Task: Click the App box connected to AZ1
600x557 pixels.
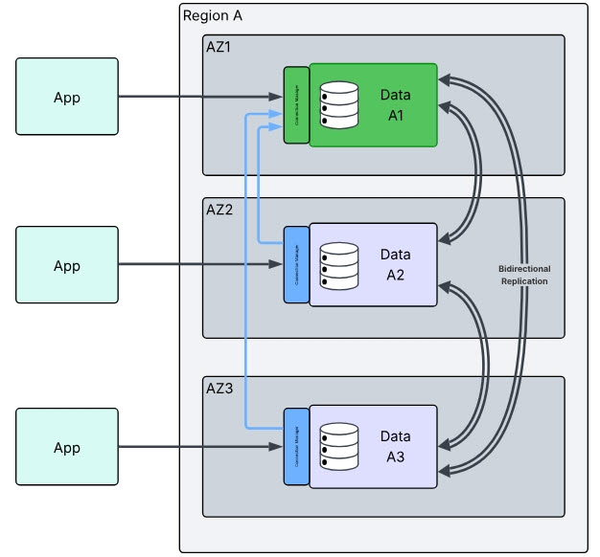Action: click(67, 97)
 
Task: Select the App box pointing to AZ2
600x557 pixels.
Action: click(67, 265)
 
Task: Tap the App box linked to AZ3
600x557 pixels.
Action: click(67, 447)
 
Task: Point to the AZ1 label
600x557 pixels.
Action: click(220, 47)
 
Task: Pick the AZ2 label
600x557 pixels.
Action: click(220, 210)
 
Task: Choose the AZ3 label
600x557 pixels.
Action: click(220, 388)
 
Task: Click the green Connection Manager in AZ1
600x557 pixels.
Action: click(295, 105)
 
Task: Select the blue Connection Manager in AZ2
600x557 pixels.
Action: click(295, 265)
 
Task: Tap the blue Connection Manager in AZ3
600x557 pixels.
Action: click(295, 446)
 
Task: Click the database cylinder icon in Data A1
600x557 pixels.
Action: click(338, 104)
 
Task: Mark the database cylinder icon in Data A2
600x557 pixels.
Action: click(338, 265)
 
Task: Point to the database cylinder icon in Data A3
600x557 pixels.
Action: click(338, 446)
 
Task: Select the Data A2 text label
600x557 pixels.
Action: click(396, 263)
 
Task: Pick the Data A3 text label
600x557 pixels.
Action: click(396, 446)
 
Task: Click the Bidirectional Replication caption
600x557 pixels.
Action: click(524, 276)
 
